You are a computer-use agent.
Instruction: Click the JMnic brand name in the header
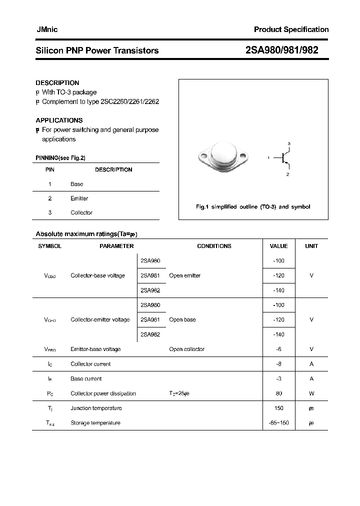(x=47, y=29)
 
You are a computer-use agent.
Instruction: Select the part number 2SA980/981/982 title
(x=282, y=50)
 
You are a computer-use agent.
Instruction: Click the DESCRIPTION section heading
(x=57, y=83)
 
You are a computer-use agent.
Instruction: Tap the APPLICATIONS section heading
(x=59, y=120)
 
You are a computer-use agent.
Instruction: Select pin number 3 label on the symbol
(x=288, y=143)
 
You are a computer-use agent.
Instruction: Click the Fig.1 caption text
(x=252, y=206)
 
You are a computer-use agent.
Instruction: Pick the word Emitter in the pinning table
(x=79, y=198)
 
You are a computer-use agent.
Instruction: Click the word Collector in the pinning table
(x=81, y=212)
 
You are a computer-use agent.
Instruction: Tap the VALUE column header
(x=278, y=246)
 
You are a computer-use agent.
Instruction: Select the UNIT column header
(x=311, y=246)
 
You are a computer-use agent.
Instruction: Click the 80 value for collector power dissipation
(x=278, y=393)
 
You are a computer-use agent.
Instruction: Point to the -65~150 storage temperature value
(x=278, y=423)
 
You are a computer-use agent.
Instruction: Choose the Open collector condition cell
(x=186, y=349)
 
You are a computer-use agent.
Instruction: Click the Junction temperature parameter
(x=95, y=408)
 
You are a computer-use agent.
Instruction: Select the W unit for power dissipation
(x=311, y=393)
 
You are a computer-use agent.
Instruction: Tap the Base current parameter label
(x=86, y=378)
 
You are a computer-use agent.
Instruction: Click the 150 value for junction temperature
(x=278, y=408)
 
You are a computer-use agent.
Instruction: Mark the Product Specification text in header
(x=291, y=29)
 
